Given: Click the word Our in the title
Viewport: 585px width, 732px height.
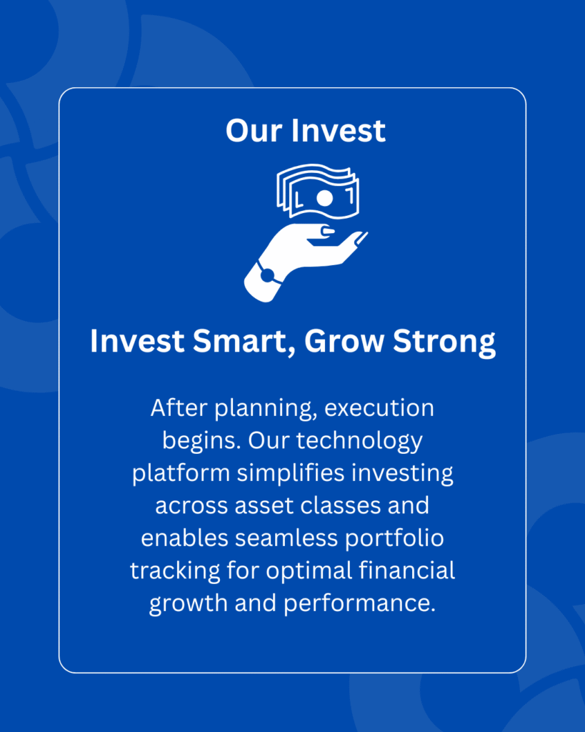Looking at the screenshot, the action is (x=254, y=130).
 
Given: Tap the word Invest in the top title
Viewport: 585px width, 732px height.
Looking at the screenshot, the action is (x=339, y=130).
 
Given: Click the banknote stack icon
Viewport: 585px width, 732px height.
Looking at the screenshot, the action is (x=318, y=191).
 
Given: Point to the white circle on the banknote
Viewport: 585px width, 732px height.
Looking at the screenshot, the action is (x=325, y=198).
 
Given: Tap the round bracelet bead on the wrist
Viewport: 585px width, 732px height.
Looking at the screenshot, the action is (x=268, y=275).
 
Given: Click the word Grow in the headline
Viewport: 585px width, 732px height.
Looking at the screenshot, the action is (x=344, y=341).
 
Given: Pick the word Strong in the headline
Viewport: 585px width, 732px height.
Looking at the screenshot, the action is (x=444, y=342).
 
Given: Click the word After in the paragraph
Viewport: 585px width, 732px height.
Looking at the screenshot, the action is (x=179, y=407).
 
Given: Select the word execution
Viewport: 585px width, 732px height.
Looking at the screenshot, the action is (x=379, y=407).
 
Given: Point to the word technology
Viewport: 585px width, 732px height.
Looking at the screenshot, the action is (x=359, y=441).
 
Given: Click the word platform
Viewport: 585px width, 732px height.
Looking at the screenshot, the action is (x=181, y=473).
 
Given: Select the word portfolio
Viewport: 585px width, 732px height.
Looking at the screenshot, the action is (x=395, y=538).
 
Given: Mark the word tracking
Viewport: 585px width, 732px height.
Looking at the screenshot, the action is (x=175, y=571).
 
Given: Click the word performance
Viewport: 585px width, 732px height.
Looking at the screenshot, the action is (x=359, y=603).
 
